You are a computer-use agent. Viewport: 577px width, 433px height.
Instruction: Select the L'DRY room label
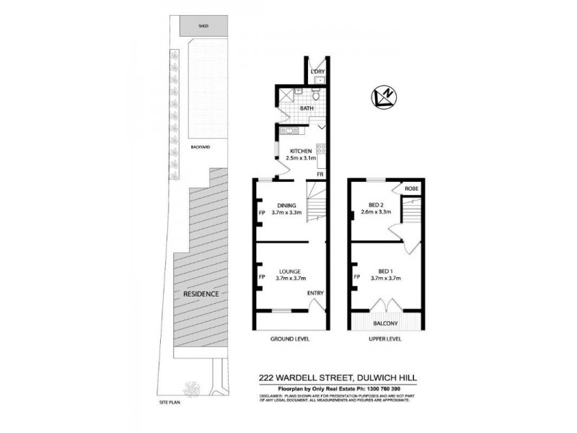pyautogui.click(x=317, y=72)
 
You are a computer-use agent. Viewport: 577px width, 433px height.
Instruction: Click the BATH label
pyautogui.click(x=307, y=109)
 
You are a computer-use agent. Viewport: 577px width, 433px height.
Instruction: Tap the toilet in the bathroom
pyautogui.click(x=317, y=95)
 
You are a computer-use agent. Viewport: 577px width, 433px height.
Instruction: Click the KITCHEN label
pyautogui.click(x=301, y=151)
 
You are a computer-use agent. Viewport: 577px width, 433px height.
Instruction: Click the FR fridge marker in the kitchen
pyautogui.click(x=320, y=175)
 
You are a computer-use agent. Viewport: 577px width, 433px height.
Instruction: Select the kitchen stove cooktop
pyautogui.click(x=321, y=151)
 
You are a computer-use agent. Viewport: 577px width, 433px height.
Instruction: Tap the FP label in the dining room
pyautogui.click(x=262, y=213)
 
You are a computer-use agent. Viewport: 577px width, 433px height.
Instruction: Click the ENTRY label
pyautogui.click(x=315, y=292)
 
